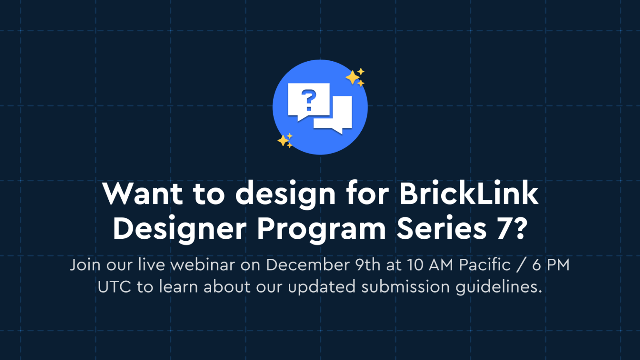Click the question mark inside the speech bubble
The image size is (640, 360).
pos(308,100)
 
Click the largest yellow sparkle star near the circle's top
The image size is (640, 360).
pos(352,77)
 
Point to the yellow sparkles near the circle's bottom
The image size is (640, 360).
pos(285,140)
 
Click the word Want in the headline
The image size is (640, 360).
pos(143,194)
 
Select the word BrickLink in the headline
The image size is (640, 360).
pos(469,194)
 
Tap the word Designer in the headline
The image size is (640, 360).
pos(180,229)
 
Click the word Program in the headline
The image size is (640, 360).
pos(321,229)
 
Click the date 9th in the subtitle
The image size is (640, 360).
pos(368,265)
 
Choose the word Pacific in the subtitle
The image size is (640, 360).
pos(485,265)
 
